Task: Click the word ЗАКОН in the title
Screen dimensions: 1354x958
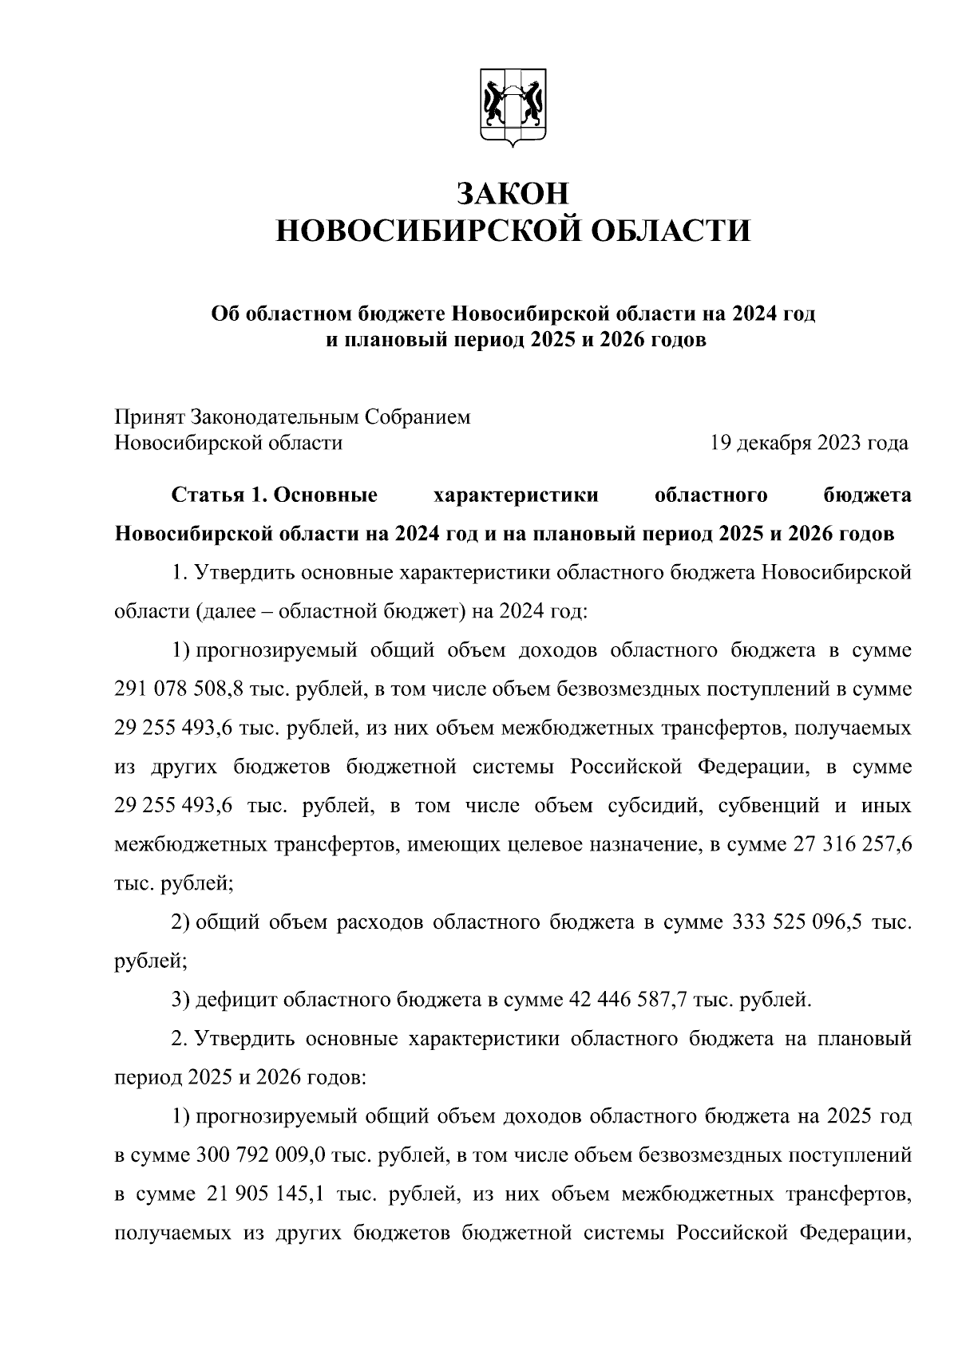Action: [x=513, y=193]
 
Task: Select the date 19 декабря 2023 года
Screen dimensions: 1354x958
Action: [x=809, y=443]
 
